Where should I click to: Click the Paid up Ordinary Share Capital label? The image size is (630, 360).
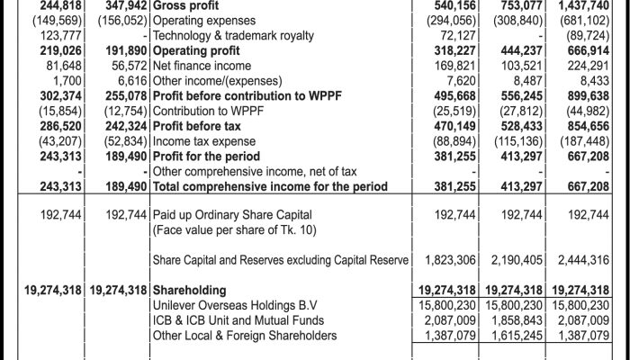[x=233, y=216]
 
